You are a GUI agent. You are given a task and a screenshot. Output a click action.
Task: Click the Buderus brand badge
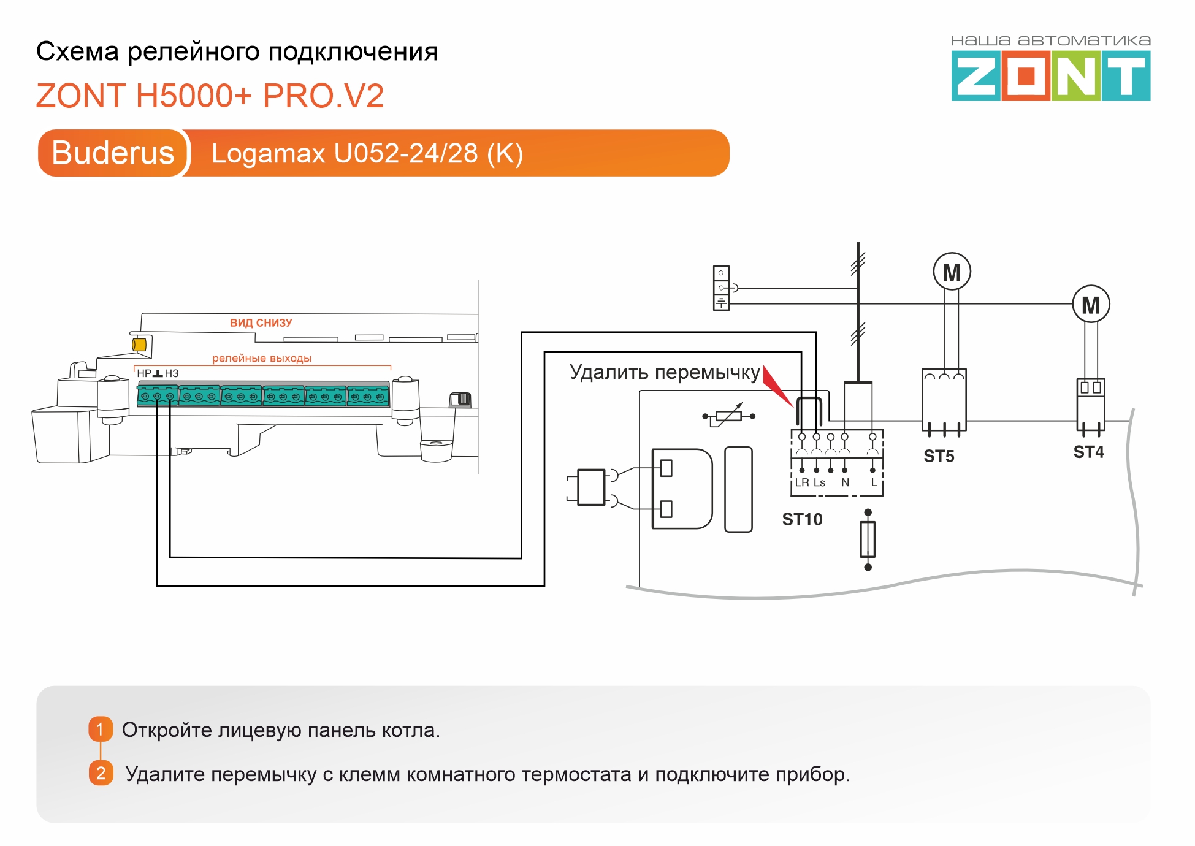click(113, 153)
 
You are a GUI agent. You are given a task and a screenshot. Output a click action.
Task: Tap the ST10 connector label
click(802, 519)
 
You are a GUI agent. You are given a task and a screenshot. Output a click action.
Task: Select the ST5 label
click(939, 456)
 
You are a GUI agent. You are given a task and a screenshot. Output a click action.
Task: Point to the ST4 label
click(1088, 452)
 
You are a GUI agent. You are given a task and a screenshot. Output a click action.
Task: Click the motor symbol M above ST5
click(952, 272)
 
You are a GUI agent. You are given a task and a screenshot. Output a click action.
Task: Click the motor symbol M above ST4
click(1091, 304)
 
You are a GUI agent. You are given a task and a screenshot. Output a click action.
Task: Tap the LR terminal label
click(802, 482)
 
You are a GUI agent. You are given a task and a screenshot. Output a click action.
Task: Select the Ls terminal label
click(819, 483)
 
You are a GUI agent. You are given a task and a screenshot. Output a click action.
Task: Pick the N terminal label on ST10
click(845, 482)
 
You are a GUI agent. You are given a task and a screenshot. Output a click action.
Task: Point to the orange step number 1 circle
click(101, 730)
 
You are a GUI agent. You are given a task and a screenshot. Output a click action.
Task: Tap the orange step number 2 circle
click(101, 773)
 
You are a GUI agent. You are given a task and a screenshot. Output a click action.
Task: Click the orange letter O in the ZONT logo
click(1026, 76)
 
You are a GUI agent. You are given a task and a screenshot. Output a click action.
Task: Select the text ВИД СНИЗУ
click(261, 323)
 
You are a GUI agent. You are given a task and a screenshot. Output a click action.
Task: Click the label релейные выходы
click(262, 358)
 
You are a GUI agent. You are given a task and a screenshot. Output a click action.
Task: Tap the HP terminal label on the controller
click(143, 373)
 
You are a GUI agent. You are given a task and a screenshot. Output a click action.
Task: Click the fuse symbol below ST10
click(868, 539)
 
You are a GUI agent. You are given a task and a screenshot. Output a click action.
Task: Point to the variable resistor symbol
click(728, 416)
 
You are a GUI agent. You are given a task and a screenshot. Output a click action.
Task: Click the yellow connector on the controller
click(139, 345)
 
